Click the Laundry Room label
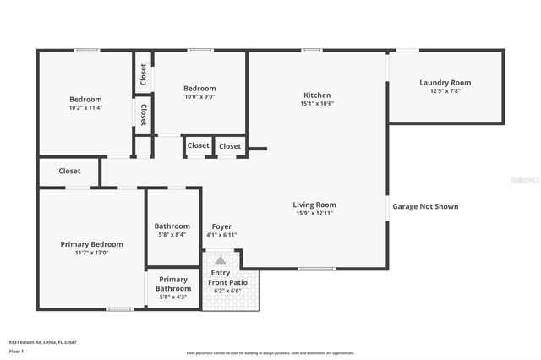pos(445,83)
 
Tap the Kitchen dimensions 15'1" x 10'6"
pos(317,104)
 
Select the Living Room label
pos(314,205)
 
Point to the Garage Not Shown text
pos(425,206)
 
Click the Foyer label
pos(221,226)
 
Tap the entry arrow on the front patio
pos(221,260)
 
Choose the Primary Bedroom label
pos(91,243)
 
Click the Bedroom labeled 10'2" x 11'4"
pos(85,103)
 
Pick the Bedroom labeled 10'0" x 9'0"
pos(199,92)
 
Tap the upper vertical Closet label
pos(143,75)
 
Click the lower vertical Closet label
pos(143,115)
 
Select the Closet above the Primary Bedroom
pos(69,171)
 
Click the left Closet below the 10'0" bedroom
pos(198,146)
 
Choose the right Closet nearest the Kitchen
pos(230,146)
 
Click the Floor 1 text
pos(14,350)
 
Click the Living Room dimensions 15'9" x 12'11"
pos(314,213)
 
